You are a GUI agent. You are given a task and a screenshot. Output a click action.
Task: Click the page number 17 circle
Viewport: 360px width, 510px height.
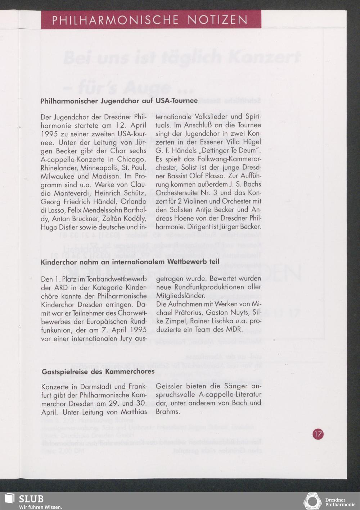coord(318,434)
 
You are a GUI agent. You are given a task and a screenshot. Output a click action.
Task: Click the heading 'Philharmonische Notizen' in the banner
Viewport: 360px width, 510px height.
coord(150,20)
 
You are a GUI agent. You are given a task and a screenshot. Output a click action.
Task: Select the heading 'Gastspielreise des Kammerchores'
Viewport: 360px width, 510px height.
coord(98,371)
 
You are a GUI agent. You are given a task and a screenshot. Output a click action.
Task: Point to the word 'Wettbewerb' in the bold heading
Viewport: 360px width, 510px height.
coord(187,261)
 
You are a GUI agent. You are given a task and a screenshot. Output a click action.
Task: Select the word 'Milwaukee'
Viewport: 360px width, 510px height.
coord(58,176)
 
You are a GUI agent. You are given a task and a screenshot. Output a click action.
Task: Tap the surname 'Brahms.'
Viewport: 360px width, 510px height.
coord(168,411)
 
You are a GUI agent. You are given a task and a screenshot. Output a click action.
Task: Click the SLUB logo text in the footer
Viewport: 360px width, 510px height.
coord(31,499)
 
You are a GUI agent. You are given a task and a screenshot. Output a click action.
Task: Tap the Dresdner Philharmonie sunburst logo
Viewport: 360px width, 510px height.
coord(312,501)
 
